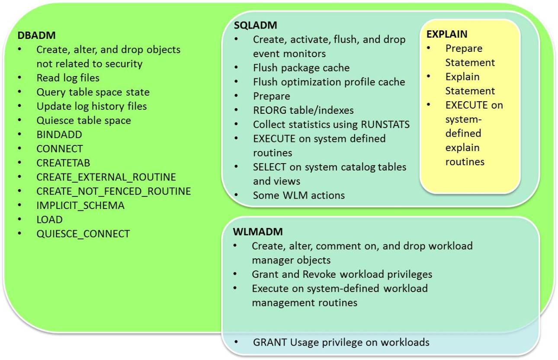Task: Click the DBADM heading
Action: coord(37,35)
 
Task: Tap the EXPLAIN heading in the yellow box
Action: coord(447,34)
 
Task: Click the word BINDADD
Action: coord(53,135)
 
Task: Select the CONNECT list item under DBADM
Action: coord(60,149)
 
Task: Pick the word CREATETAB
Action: coord(63,163)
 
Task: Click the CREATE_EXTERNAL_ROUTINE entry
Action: coord(106,177)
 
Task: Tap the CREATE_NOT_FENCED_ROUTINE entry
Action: coord(113,191)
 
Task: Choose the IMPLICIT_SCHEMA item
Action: coord(80,206)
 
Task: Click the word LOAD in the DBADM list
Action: coord(49,220)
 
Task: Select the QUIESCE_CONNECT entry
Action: coord(83,234)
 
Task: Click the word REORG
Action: coord(268,110)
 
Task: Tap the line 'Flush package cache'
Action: coord(301,68)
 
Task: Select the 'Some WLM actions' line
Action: coord(299,195)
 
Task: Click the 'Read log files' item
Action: coord(68,78)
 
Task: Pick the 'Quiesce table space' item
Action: coord(83,120)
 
